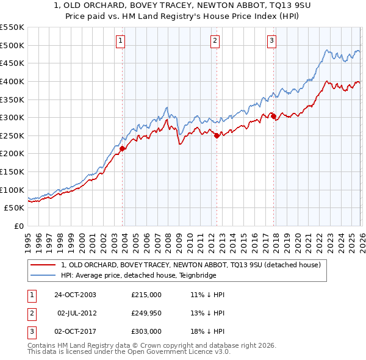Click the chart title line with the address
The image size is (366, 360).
click(x=182, y=5)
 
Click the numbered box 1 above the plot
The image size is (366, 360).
click(x=121, y=41)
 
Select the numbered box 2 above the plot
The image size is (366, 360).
click(x=215, y=41)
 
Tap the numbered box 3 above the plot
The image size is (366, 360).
click(x=271, y=41)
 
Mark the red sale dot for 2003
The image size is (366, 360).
click(x=123, y=148)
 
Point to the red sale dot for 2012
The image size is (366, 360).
click(x=217, y=136)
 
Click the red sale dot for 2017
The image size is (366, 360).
click(x=273, y=116)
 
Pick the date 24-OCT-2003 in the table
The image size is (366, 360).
click(x=75, y=295)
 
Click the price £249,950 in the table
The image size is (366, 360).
click(x=146, y=313)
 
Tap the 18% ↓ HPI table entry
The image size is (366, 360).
click(x=207, y=331)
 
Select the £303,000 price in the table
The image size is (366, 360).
click(x=146, y=331)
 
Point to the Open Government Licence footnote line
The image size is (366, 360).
click(x=120, y=353)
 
